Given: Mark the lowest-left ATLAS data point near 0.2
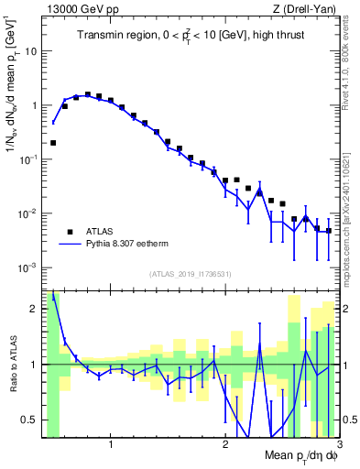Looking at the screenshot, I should (x=53, y=143).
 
